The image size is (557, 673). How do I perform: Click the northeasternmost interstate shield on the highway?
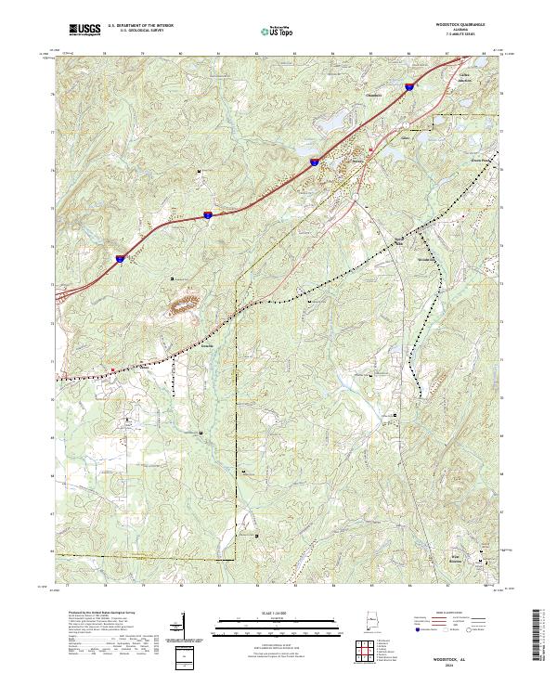point(408,86)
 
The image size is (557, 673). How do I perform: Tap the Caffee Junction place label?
point(457,77)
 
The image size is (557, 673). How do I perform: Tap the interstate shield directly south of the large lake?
point(315,161)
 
